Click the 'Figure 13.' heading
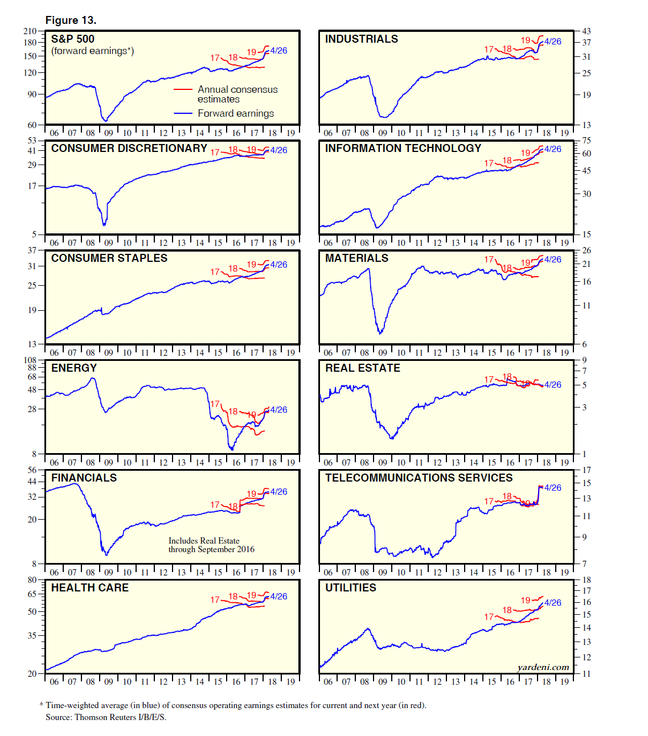point(71,20)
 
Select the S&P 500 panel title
point(73,39)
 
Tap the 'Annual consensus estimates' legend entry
point(237,94)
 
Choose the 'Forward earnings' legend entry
point(236,113)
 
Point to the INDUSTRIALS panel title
point(362,39)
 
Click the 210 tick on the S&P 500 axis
point(30,31)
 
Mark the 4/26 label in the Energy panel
point(278,410)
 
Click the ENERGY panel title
point(74,368)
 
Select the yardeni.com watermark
point(543,667)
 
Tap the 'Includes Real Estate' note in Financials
point(204,541)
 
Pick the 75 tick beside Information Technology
point(587,141)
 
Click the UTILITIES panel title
point(351,588)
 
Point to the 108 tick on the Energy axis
point(30,360)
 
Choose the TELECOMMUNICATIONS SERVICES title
point(419,478)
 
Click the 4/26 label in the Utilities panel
point(552,603)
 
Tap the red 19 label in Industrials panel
point(526,40)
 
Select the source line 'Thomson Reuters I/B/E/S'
point(106,717)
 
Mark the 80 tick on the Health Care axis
point(32,580)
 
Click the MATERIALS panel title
point(356,258)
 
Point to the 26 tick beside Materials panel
point(587,250)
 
